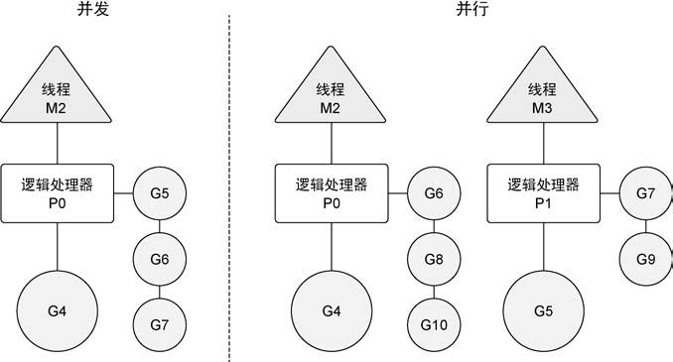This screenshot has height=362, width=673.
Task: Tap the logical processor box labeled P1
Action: (541, 193)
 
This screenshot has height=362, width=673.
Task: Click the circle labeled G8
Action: (433, 258)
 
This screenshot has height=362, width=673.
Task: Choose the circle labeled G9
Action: (645, 258)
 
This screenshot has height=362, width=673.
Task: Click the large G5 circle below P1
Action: (542, 310)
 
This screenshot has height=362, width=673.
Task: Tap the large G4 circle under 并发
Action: (57, 310)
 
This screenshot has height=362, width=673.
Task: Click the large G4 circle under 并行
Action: (330, 310)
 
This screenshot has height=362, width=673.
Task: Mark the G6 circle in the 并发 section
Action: (160, 258)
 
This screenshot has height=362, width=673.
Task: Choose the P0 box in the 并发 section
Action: (57, 193)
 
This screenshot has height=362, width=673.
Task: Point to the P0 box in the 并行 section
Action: (330, 193)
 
